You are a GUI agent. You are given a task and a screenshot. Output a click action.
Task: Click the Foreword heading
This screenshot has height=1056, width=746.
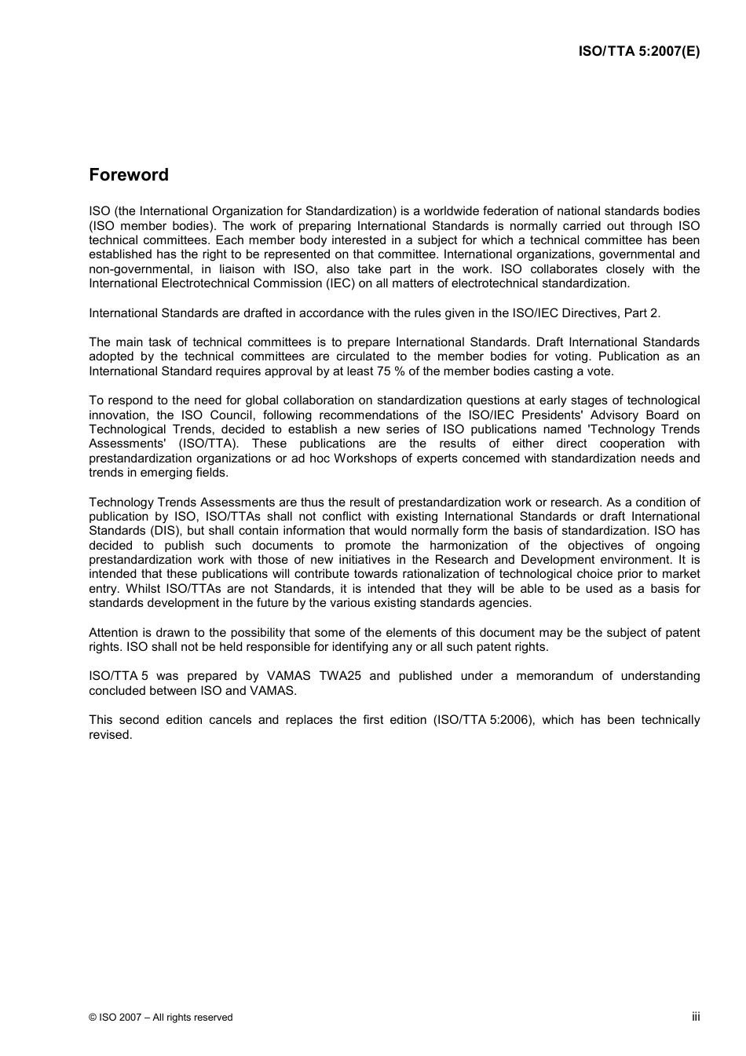pos(129,175)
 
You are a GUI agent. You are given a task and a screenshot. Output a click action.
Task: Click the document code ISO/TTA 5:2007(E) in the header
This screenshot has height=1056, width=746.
pos(638,51)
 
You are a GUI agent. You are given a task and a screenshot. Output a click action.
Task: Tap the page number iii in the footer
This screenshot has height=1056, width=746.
pos(695,1016)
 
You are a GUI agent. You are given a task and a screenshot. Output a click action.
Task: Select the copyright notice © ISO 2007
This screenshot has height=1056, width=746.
pos(160,1017)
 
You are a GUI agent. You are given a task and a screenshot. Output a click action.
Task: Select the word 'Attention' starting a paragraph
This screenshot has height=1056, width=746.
pos(114,633)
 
